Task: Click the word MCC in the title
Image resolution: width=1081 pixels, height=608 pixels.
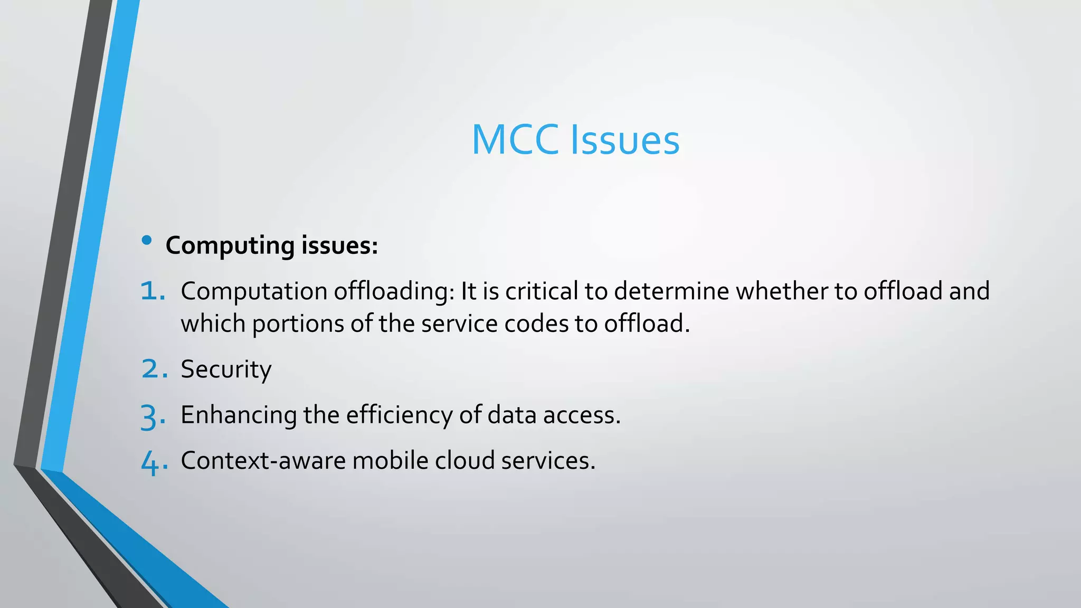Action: pyautogui.click(x=515, y=140)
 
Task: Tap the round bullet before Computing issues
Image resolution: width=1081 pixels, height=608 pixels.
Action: pyautogui.click(x=147, y=241)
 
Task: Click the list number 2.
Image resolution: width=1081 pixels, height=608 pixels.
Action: pyautogui.click(x=154, y=369)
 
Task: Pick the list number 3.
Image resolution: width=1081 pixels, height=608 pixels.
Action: pyautogui.click(x=153, y=416)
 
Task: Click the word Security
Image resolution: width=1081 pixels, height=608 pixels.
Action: pyautogui.click(x=226, y=369)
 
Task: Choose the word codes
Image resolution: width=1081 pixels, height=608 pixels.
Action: pyautogui.click(x=536, y=324)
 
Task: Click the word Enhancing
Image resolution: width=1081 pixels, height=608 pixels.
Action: pyautogui.click(x=239, y=415)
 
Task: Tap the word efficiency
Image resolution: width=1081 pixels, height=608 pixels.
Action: pyautogui.click(x=399, y=415)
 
